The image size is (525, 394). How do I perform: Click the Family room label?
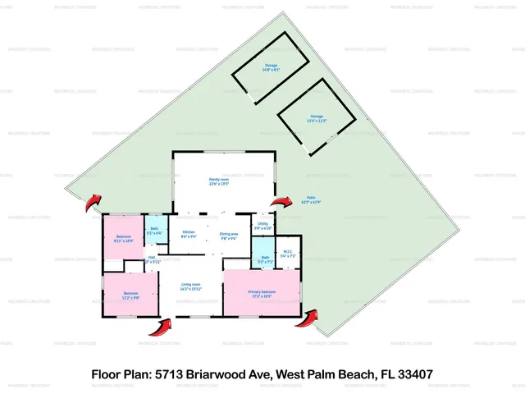[218, 181]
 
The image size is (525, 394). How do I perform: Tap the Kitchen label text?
[189, 235]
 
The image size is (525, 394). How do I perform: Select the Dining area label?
[229, 236]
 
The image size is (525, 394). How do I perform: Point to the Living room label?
[190, 286]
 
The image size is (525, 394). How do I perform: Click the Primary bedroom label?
[262, 294]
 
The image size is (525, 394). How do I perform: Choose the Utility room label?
[263, 226]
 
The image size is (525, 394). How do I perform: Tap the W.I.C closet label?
[288, 254]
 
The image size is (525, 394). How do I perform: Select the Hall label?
[152, 260]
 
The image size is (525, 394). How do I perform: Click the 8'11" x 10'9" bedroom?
[123, 240]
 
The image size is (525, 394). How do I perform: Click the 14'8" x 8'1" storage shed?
[271, 67]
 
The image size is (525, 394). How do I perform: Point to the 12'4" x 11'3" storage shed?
[317, 119]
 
